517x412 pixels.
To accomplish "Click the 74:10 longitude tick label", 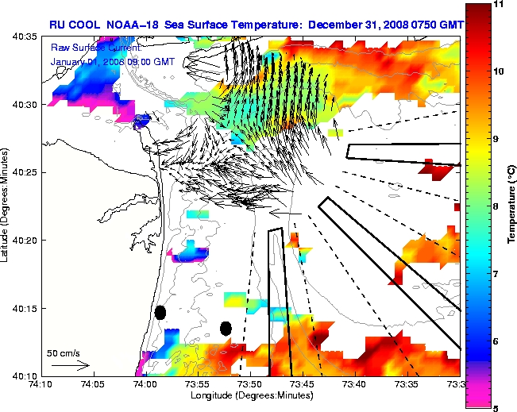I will click(x=41, y=384).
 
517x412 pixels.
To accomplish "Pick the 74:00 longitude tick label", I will click(x=145, y=384).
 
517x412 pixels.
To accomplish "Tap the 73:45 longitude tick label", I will click(x=302, y=384).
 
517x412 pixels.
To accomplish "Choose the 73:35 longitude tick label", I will click(x=407, y=384).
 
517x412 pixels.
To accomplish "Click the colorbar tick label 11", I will click(x=499, y=5).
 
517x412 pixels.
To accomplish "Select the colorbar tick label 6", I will click(x=496, y=341).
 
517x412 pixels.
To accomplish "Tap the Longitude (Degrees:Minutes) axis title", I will click(x=250, y=395).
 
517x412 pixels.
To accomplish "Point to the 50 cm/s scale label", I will click(x=63, y=352).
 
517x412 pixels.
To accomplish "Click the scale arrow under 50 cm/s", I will click(x=70, y=365).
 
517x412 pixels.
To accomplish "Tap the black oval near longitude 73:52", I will click(x=226, y=328).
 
